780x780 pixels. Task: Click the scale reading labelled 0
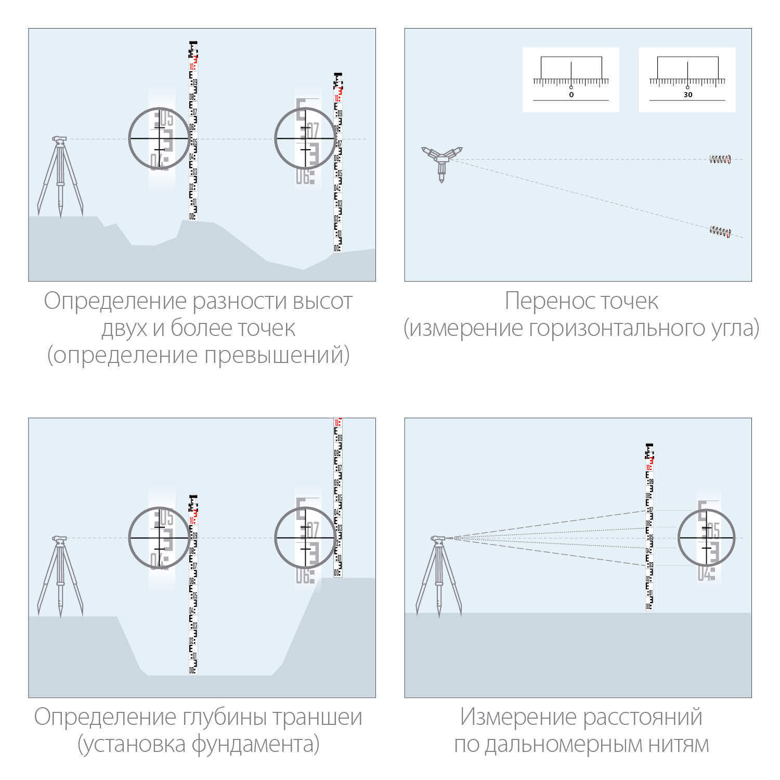click(571, 95)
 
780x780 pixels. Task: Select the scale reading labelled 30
click(687, 95)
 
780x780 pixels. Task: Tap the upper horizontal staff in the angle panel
click(720, 160)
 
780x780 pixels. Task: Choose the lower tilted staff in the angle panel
click(720, 231)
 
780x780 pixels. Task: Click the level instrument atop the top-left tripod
click(59, 139)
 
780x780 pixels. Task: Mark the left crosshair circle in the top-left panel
click(159, 138)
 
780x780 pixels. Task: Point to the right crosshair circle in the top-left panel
click(305, 138)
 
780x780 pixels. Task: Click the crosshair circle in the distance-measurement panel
click(706, 538)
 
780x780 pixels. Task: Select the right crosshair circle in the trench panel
click(305, 538)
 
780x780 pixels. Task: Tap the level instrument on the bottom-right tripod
click(438, 539)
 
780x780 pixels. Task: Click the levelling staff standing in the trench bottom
click(193, 588)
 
